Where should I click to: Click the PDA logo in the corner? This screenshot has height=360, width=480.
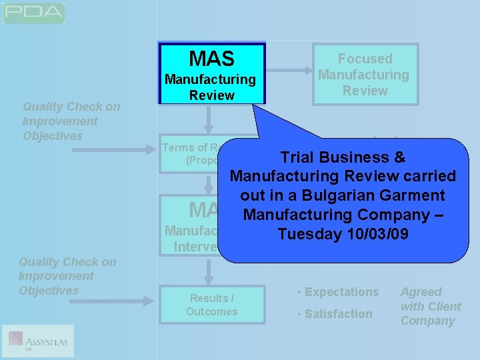pos(33,13)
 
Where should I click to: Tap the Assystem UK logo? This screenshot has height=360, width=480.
pos(38,341)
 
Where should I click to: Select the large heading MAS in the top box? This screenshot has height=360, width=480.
pos(211,58)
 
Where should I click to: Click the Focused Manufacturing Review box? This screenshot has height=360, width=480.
pos(365,75)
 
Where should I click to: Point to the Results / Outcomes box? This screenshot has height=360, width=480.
pos(212,305)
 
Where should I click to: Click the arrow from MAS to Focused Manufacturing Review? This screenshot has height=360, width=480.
pos(288,74)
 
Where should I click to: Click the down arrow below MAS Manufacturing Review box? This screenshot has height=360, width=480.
pos(209,119)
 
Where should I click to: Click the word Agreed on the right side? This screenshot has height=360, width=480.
pos(421,292)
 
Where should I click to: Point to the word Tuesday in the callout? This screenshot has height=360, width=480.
pos(307,234)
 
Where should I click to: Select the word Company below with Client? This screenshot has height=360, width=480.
pos(427,321)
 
